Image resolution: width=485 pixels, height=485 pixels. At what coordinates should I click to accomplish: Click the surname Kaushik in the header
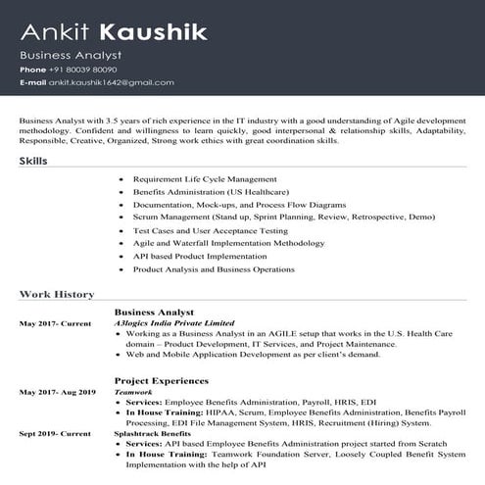pyautogui.click(x=167, y=32)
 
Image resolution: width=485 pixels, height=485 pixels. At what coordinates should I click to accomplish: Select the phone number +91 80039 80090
pyautogui.click(x=83, y=71)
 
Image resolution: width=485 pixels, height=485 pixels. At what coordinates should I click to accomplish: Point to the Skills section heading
pyautogui.click(x=33, y=160)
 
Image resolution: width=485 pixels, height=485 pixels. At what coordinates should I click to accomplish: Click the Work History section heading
pyautogui.click(x=57, y=294)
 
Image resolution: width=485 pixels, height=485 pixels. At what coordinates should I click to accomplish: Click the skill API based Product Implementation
pyautogui.click(x=199, y=255)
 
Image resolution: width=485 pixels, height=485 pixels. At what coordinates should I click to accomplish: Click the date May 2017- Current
pyautogui.click(x=48, y=322)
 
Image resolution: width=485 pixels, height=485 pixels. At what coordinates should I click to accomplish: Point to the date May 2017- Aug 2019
pyautogui.click(x=57, y=391)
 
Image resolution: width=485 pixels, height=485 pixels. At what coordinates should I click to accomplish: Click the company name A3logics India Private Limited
pyautogui.click(x=173, y=322)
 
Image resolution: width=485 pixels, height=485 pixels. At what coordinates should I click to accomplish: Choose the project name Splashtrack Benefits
pyautogui.click(x=152, y=432)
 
